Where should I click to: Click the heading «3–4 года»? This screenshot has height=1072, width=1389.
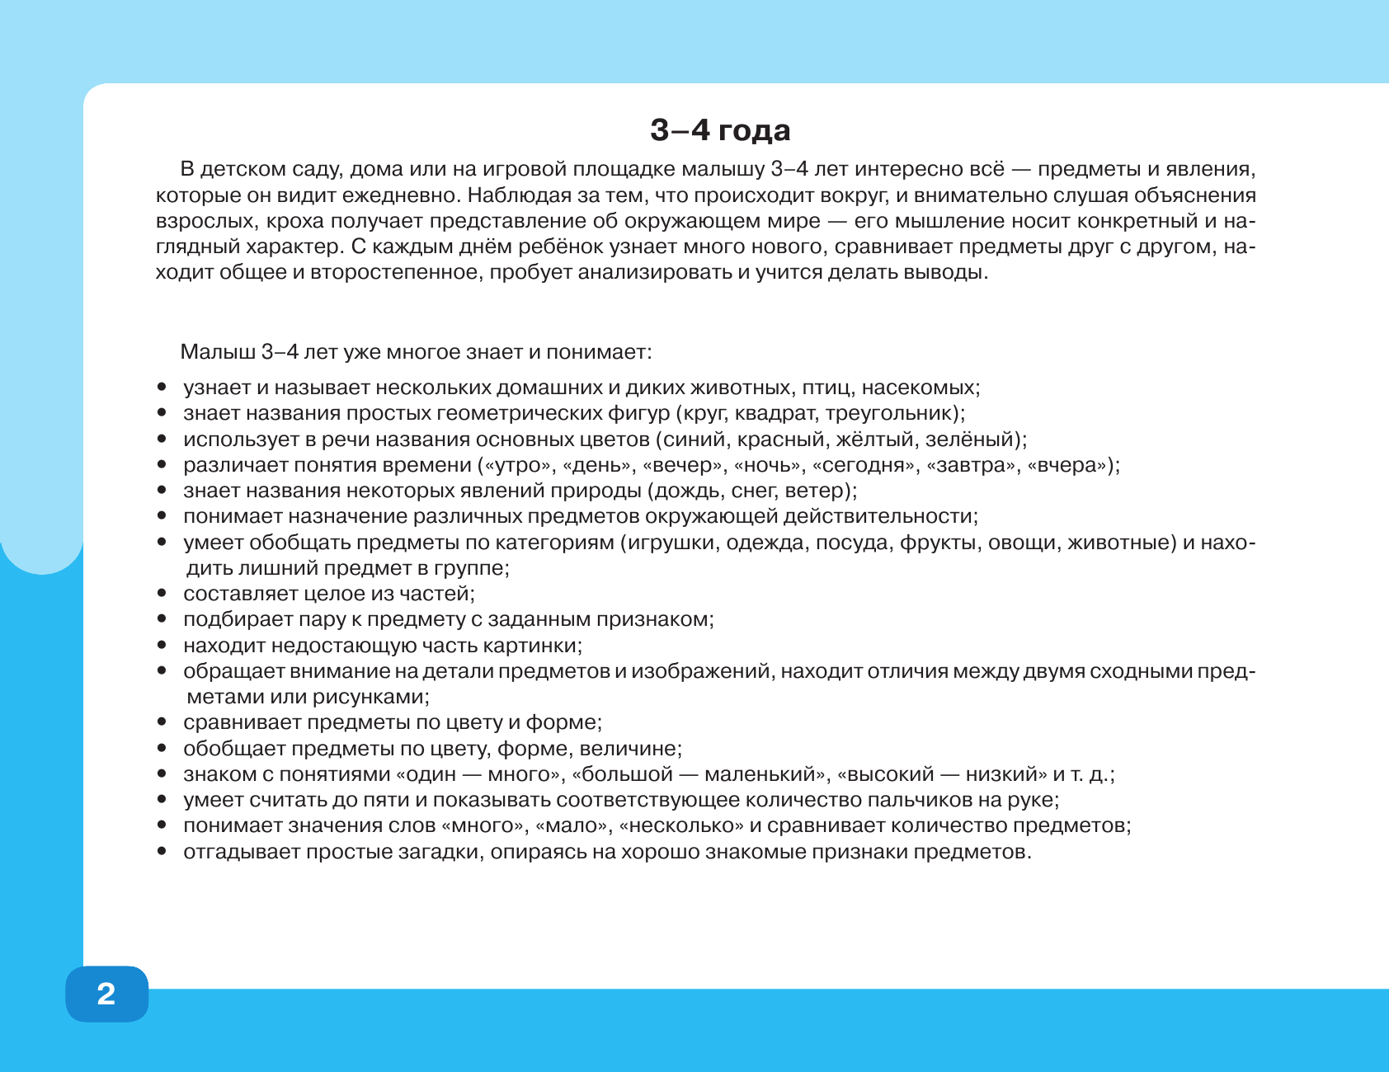point(720,130)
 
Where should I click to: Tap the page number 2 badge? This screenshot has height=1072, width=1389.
point(106,994)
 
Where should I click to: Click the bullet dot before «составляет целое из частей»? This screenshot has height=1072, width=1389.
point(162,594)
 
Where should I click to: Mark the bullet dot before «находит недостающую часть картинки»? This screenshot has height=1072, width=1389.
point(162,646)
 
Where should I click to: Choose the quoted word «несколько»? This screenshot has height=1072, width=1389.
point(680,825)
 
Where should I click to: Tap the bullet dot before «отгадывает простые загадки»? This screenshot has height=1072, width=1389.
point(162,852)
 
